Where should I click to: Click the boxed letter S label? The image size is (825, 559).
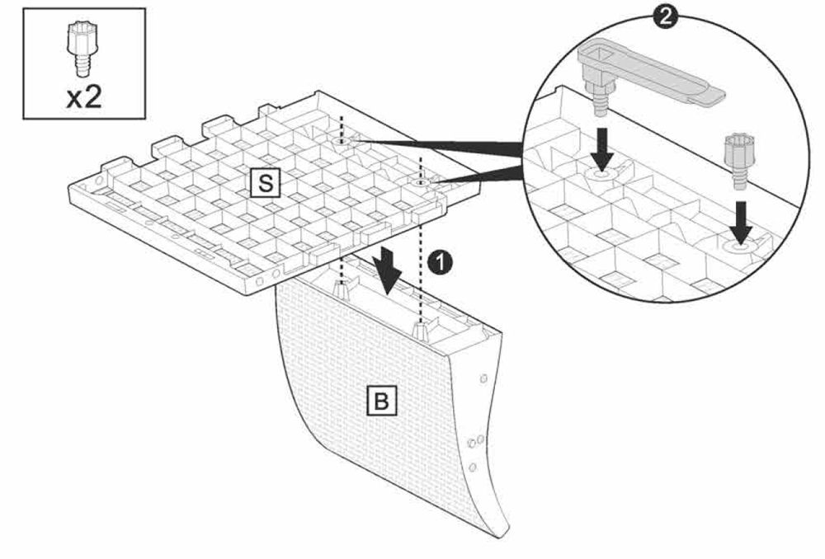pyautogui.click(x=266, y=183)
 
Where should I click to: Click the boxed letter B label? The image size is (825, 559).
pyautogui.click(x=381, y=402)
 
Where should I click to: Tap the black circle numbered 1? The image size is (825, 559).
pyautogui.click(x=440, y=261)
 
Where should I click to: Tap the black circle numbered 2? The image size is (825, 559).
pyautogui.click(x=665, y=16)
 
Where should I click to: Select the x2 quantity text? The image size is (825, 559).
pyautogui.click(x=84, y=97)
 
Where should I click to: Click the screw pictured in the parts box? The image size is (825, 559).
pyautogui.click(x=79, y=50)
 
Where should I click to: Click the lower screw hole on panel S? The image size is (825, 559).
pyautogui.click(x=420, y=182)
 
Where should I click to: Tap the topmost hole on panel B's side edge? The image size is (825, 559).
pyautogui.click(x=483, y=378)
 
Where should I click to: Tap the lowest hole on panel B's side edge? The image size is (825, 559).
pyautogui.click(x=473, y=467)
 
